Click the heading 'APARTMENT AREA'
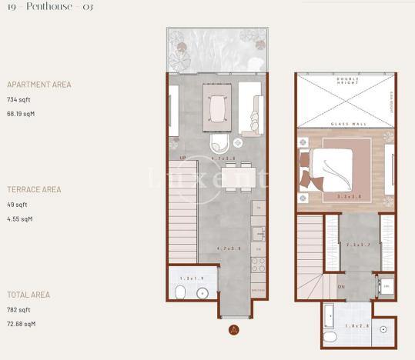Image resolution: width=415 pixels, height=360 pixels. click(38, 85)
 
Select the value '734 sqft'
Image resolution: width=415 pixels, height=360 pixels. click(20, 100)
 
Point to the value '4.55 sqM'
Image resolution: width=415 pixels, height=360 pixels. click(20, 218)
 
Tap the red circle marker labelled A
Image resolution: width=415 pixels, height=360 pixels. click(233, 331)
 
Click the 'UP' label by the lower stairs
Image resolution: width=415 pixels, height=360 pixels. click(182, 158)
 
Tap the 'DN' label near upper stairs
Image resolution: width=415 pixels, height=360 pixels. click(340, 286)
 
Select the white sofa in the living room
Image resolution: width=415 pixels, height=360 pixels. click(250, 108)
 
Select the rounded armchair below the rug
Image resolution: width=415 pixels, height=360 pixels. click(218, 145)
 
